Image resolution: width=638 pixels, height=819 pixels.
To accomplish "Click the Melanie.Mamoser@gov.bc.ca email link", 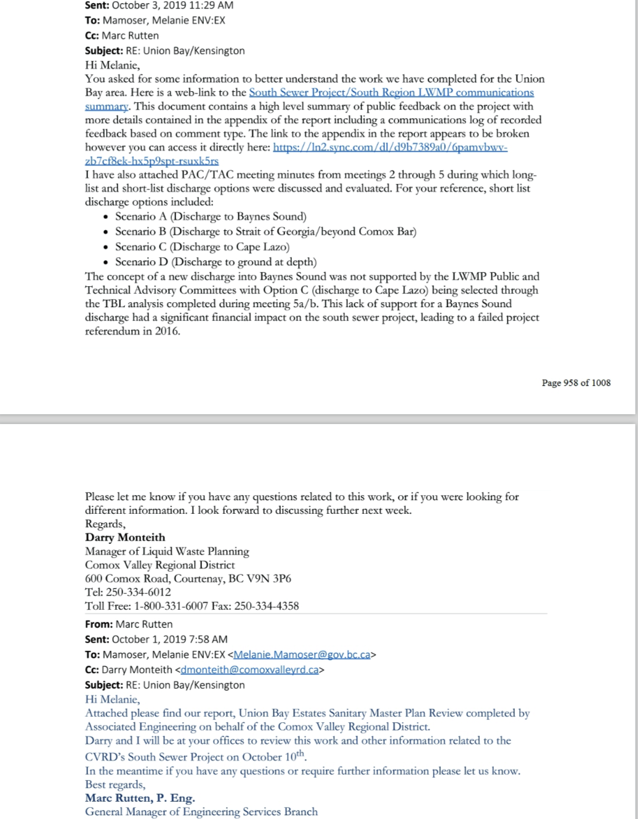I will pos(302,655).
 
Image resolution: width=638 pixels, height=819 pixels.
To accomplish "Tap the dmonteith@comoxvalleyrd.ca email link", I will pos(249,669).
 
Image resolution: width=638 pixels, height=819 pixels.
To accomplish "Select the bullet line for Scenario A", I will pos(211,217).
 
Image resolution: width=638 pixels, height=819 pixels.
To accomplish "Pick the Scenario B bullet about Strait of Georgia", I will pos(265,231).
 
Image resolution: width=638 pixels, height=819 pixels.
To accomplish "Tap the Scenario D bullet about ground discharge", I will pos(216,262).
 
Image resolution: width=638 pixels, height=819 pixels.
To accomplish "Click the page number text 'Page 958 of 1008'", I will pos(576,383).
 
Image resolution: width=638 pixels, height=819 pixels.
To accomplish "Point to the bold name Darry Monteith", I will pos(125,537).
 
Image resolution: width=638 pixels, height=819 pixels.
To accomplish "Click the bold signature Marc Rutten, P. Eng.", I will pos(140,798).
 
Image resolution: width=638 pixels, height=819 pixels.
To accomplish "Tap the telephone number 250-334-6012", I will pos(139,592).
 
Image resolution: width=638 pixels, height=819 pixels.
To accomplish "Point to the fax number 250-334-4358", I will pos(267,605).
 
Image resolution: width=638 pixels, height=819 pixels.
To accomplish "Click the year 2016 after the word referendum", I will pos(166,331).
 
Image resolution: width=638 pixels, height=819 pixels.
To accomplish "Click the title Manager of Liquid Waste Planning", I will pos(167,551).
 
